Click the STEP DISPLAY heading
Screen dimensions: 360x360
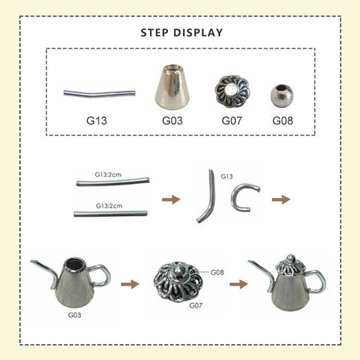181,33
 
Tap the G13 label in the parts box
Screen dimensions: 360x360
97,121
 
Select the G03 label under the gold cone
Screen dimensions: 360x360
172,121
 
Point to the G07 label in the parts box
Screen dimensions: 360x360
232,121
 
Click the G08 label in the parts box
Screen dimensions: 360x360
283,121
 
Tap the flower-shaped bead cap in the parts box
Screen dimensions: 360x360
232,91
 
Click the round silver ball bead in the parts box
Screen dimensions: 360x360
282,96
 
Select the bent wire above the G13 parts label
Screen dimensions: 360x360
99,94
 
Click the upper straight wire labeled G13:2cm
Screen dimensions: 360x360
113,181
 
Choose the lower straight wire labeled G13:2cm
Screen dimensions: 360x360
110,214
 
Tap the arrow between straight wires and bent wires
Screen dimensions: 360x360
171,199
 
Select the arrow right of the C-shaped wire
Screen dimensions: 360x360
281,199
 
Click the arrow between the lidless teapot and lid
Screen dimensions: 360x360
130,284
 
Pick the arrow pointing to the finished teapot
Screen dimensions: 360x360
238,284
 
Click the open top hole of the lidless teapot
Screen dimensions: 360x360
74,265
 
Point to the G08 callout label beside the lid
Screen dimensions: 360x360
217,272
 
